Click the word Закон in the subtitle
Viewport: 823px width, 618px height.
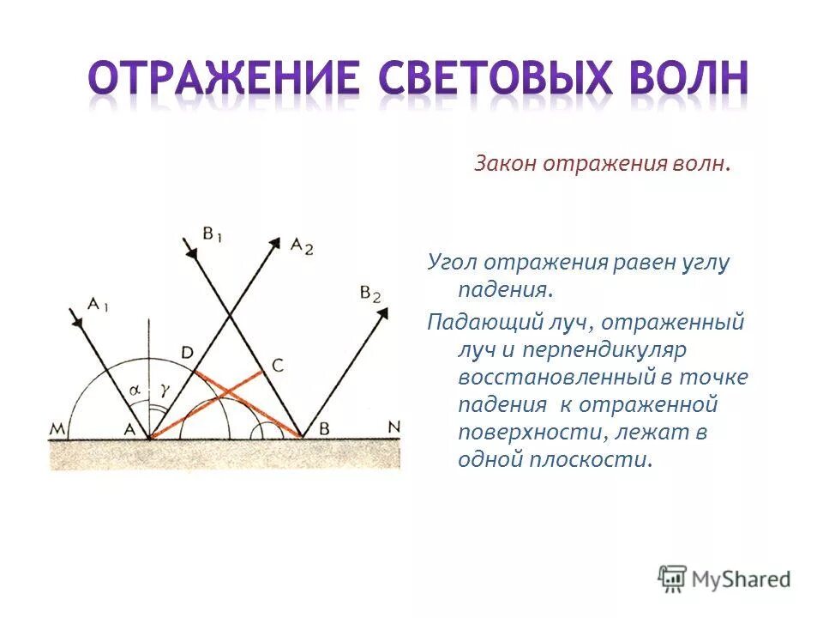click(x=505, y=163)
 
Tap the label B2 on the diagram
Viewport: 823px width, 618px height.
click(x=370, y=294)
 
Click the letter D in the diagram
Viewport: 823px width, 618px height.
click(x=187, y=352)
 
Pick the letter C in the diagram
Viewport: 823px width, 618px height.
click(x=277, y=365)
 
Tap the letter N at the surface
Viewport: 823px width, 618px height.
click(x=393, y=426)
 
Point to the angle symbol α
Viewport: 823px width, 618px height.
click(x=135, y=389)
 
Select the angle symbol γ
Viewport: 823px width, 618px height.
click(x=163, y=389)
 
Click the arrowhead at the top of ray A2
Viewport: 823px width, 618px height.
click(x=276, y=242)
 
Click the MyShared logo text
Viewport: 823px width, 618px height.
click(x=740, y=579)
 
